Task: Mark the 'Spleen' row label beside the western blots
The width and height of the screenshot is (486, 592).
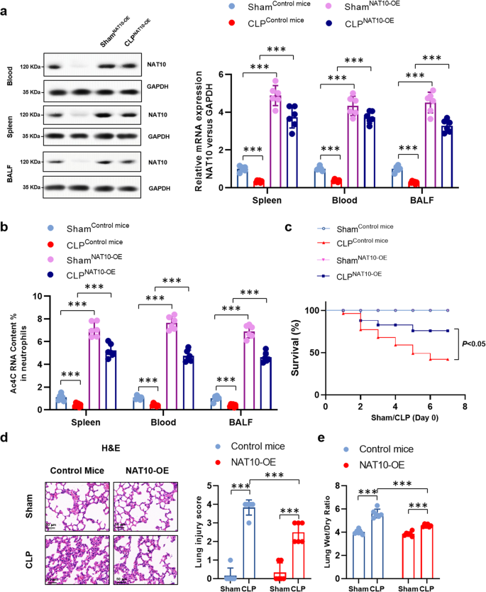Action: [9, 120]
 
